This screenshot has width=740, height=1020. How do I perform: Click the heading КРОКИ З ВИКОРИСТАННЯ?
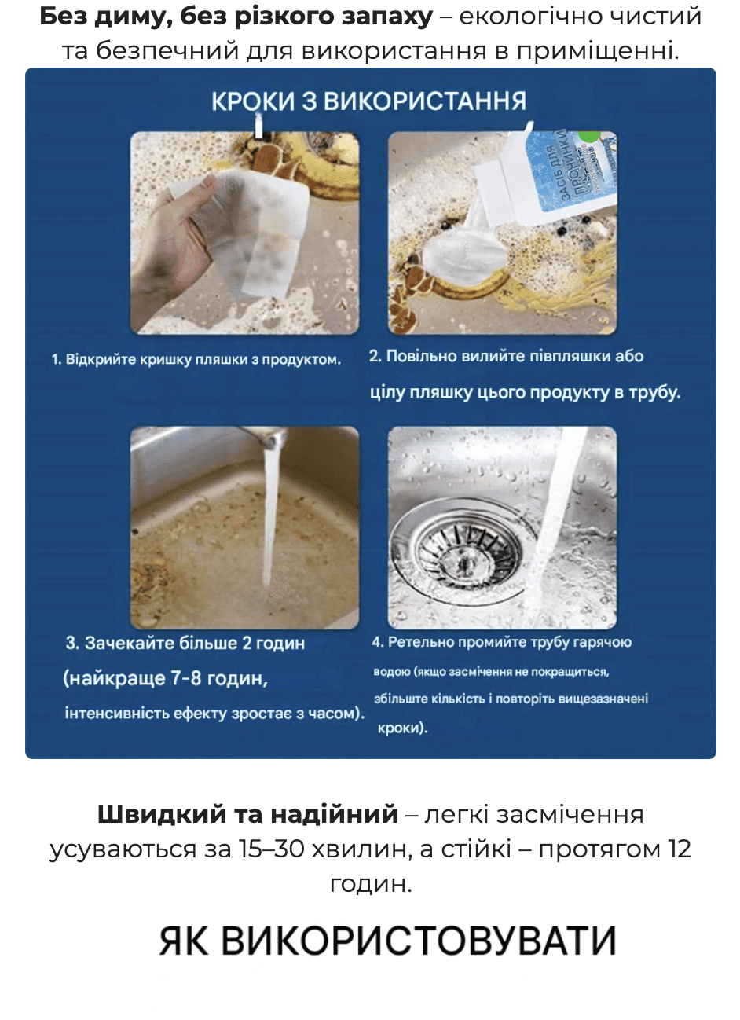(x=368, y=101)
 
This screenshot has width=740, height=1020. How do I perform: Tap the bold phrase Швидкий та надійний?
(x=247, y=814)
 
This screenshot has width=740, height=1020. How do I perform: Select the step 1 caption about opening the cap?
(x=196, y=360)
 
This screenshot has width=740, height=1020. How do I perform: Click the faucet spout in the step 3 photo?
(x=272, y=440)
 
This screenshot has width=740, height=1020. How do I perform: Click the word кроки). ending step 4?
(x=403, y=728)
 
